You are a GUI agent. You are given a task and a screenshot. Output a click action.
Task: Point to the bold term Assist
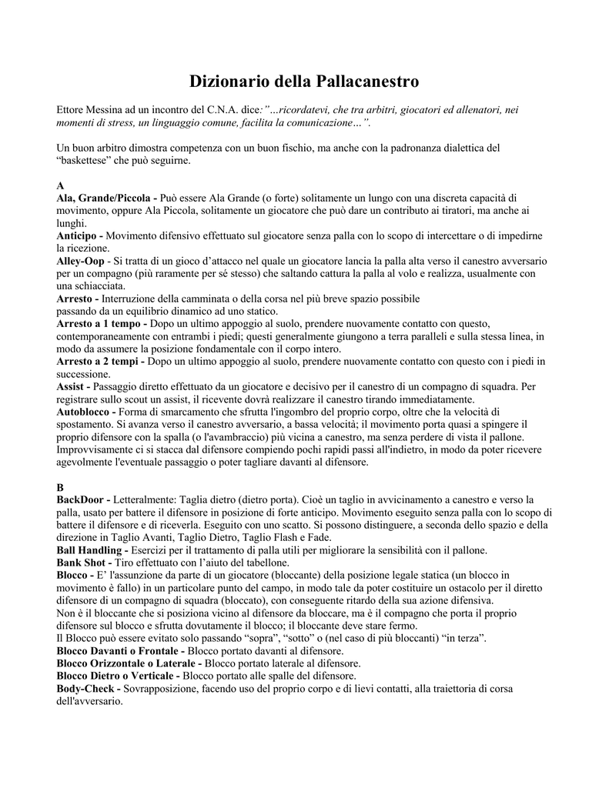(x=73, y=386)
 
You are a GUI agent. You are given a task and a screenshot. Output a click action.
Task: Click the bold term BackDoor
(x=82, y=500)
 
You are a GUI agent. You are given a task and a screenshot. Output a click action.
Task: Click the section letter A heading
(x=61, y=186)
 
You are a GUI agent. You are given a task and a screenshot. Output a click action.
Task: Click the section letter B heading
(x=61, y=488)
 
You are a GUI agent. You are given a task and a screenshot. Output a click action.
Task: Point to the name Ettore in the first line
(x=72, y=110)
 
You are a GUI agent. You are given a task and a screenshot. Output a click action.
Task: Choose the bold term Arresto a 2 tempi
(x=100, y=361)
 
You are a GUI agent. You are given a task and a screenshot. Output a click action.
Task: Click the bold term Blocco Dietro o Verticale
(x=118, y=676)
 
